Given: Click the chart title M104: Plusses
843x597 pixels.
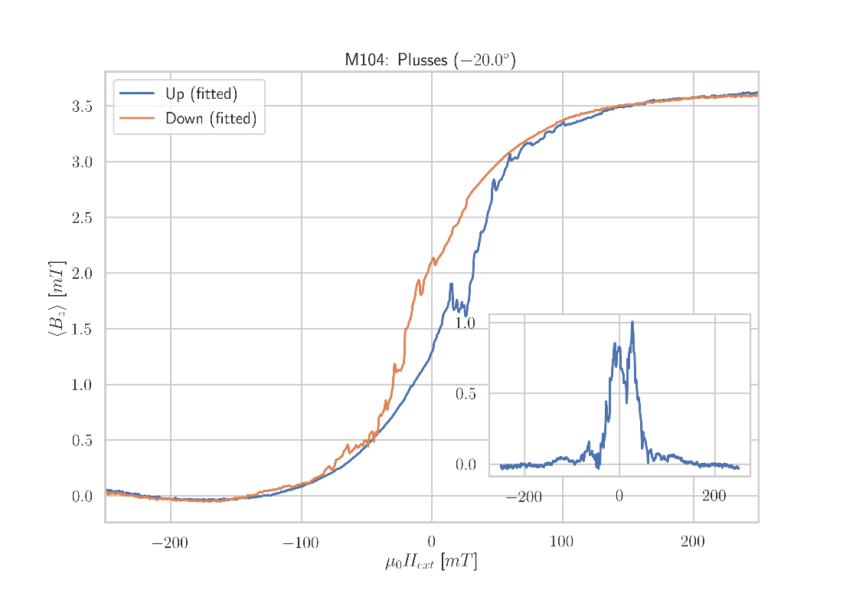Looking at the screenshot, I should (430, 60).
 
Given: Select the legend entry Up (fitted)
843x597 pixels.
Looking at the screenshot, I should (201, 95).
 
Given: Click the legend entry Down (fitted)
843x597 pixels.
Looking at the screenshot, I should (211, 119).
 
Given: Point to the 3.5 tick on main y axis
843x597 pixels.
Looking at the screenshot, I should (82, 107).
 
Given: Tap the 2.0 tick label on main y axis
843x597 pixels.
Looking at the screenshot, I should (82, 274).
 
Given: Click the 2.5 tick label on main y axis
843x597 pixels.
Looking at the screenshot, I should (82, 218).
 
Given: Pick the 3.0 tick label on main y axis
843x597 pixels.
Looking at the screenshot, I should (82, 162).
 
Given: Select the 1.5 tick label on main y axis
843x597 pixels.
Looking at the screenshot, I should (82, 330).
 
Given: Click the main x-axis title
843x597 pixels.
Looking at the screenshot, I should (431, 563).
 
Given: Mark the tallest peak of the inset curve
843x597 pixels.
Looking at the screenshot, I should (632, 322).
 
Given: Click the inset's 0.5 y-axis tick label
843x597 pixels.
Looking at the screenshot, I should (466, 394).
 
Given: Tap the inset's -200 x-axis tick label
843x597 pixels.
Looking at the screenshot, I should (524, 497).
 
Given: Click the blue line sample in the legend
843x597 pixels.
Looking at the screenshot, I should (137, 94).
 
